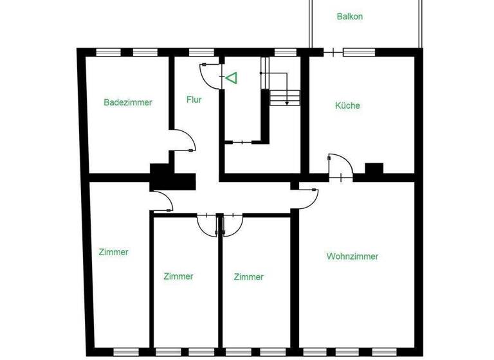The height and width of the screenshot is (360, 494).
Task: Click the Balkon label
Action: click(349, 17)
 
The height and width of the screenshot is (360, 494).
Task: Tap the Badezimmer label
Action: click(128, 102)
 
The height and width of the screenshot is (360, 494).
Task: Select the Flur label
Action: click(194, 100)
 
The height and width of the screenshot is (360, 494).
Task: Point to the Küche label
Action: click(347, 105)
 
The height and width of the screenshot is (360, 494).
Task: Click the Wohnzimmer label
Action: click(352, 256)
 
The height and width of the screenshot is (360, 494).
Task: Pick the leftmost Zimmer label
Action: click(113, 252)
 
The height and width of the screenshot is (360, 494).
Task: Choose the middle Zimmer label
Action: click(178, 276)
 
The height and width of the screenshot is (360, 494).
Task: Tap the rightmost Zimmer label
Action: click(248, 277)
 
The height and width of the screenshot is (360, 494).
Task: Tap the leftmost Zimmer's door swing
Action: click(163, 203)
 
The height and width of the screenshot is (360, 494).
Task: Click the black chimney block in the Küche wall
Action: click(374, 169)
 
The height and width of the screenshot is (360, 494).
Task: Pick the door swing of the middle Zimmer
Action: click(207, 224)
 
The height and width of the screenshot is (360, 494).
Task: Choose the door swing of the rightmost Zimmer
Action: click(232, 224)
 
